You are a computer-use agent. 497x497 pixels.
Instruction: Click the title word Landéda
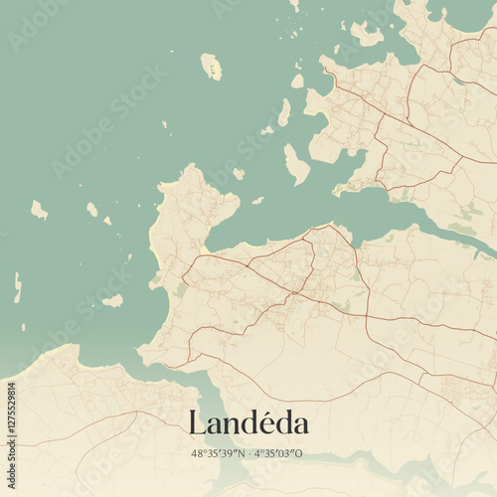248,422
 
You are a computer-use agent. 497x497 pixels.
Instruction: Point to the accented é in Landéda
272,422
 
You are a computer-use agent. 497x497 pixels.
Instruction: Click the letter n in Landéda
234,425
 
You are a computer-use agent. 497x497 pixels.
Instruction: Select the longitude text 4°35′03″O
279,453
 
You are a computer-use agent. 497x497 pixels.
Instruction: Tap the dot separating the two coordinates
249,453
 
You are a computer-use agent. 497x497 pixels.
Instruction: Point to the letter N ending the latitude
242,453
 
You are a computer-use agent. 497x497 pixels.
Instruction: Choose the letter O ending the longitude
300,453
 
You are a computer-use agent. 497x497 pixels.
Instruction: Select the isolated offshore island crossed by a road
211,67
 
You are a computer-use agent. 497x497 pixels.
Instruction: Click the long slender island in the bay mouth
296,164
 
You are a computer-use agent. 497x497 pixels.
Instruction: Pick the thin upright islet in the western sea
18,287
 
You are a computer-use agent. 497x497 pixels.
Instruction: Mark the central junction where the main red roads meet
295,293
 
